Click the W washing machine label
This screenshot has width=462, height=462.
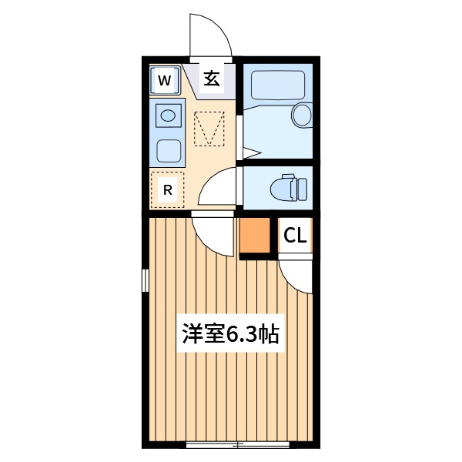165,80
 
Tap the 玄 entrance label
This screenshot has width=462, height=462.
212,79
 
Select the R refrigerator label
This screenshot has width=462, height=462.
168,190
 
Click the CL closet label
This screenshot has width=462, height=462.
295,236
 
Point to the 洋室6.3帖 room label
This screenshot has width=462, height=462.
230,333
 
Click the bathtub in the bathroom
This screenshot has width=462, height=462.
278,85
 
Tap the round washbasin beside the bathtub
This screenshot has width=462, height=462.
302,114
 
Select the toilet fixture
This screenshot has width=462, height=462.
289,187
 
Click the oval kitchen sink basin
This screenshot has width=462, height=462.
168,115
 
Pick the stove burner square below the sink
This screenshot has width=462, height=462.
169,151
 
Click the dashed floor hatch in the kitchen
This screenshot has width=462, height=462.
209,128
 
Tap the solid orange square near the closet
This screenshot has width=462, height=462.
255,235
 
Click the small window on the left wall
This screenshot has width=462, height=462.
146,280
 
